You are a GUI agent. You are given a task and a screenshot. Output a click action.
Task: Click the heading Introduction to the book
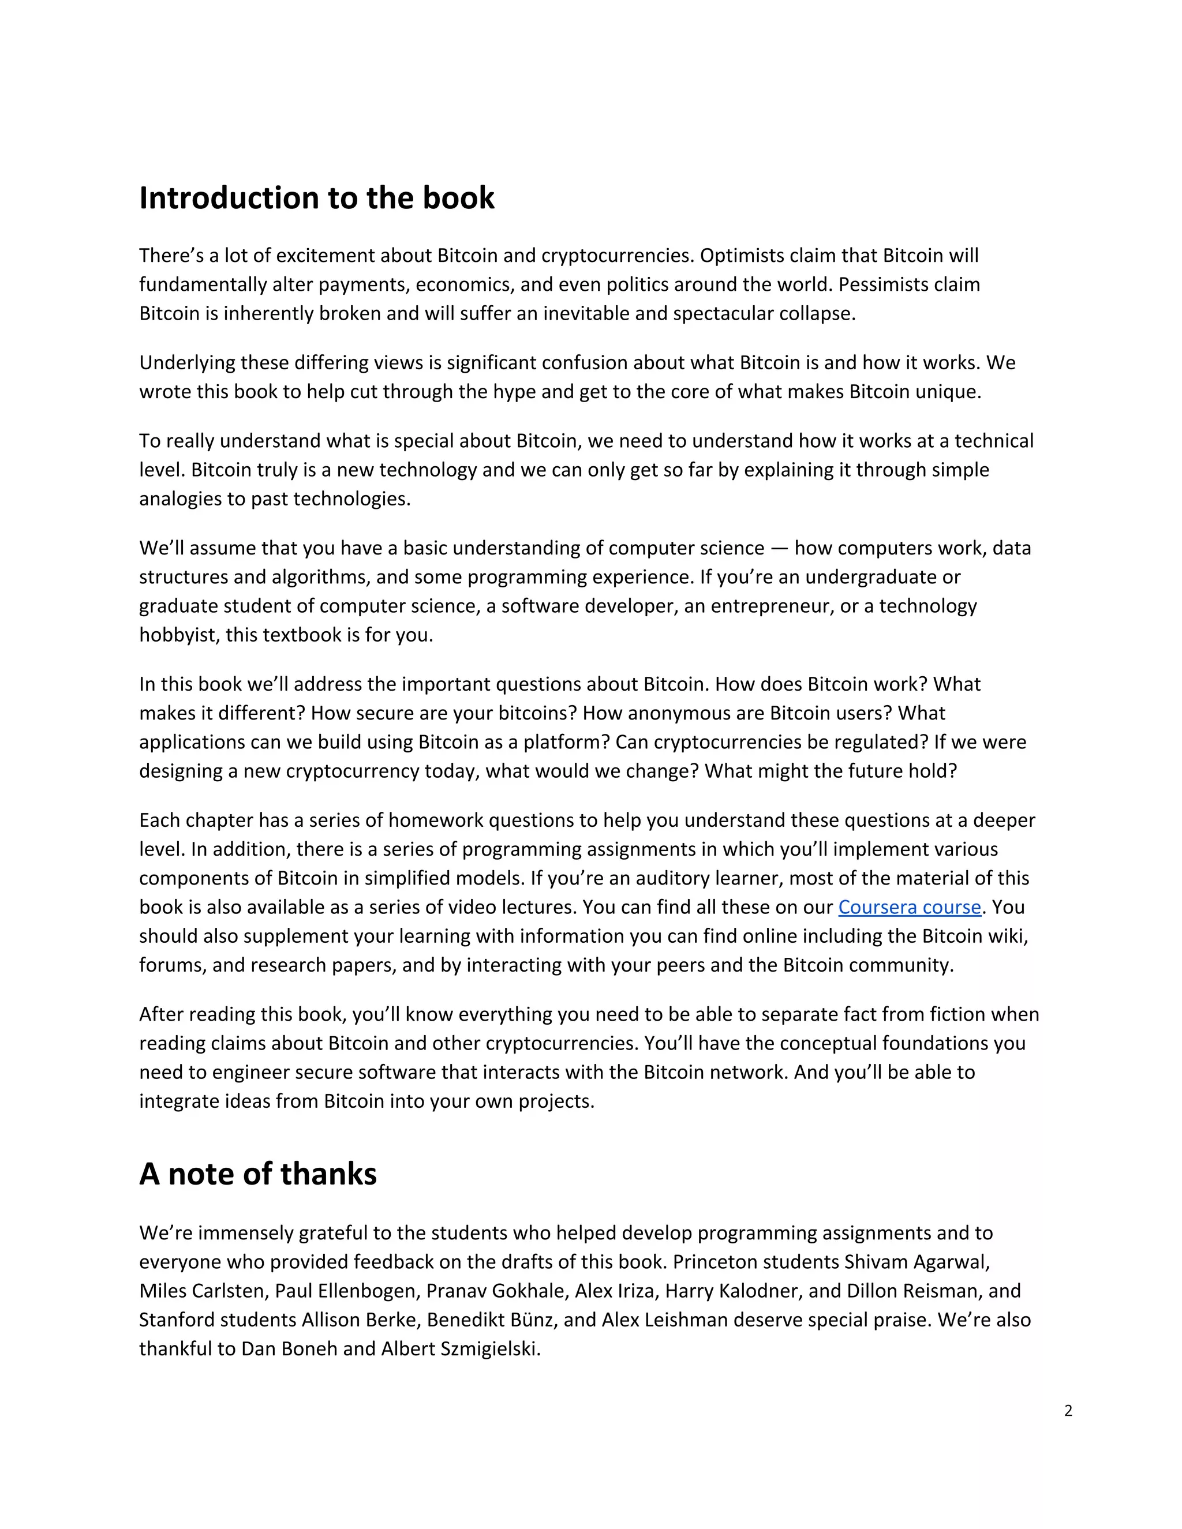316,198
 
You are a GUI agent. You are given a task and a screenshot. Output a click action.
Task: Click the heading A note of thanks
257,1174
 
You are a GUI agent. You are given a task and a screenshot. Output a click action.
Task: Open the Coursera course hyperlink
909,908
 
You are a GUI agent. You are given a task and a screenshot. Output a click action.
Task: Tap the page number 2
1068,1411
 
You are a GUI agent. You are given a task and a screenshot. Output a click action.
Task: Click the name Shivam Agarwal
917,1262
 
